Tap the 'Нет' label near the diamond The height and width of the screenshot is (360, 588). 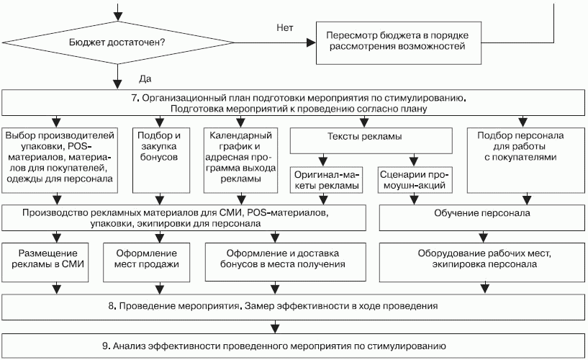284,27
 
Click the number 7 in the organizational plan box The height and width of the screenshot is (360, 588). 135,96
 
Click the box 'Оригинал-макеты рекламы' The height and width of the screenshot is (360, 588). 325,179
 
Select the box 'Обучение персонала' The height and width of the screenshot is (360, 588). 482,214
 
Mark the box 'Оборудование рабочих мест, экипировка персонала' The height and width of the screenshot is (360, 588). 482,259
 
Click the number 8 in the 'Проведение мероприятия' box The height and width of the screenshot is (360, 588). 112,306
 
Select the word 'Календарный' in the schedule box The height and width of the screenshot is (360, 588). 238,135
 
